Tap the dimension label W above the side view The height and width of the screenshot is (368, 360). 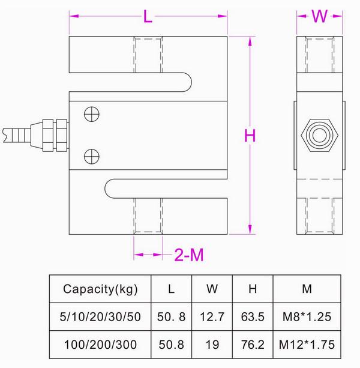point(319,16)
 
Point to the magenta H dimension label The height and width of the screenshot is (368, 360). point(250,136)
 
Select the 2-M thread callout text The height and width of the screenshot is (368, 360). point(189,255)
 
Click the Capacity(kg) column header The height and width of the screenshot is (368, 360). point(100,289)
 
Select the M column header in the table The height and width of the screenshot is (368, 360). point(307,289)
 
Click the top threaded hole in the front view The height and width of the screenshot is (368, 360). point(148,56)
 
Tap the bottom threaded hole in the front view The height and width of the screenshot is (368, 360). point(148,215)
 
